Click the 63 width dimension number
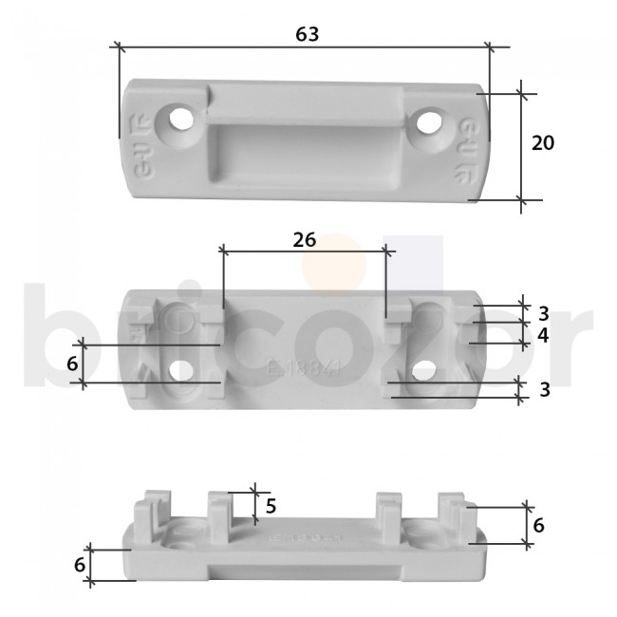pos(307,33)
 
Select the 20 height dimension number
pos(543,143)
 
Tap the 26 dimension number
pos(304,239)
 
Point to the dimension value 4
pos(543,336)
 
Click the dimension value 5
pos(271,506)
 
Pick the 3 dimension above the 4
pos(543,313)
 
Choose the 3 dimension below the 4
pos(543,388)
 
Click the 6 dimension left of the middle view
pos(71,364)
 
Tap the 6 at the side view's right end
pos(538,525)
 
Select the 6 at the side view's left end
pos(80,564)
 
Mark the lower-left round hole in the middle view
pos(179,370)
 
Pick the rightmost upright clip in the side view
pos(453,513)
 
